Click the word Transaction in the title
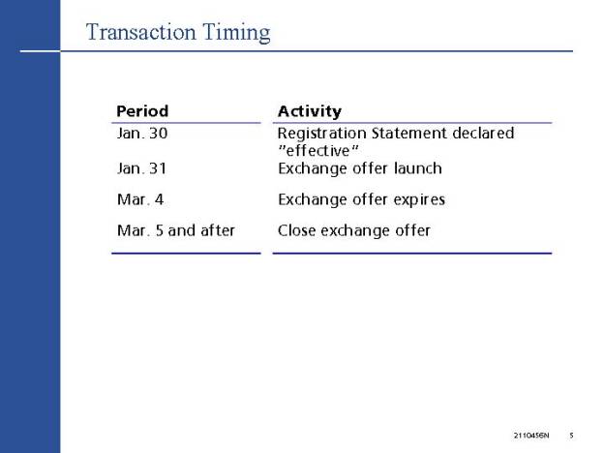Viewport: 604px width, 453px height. [141, 32]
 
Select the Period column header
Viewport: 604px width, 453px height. [142, 111]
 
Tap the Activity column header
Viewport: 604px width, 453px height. [310, 111]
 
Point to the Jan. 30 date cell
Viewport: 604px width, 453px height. [142, 134]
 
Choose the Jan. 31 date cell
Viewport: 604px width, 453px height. [141, 168]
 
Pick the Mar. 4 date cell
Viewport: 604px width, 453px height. [140, 199]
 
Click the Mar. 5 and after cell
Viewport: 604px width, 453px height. [175, 230]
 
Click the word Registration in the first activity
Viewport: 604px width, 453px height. [321, 134]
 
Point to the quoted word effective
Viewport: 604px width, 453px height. [318, 151]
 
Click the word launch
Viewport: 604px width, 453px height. [418, 168]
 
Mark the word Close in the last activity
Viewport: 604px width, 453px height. [296, 230]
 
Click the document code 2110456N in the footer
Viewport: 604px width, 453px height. [531, 436]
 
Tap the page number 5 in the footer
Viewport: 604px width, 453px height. [571, 436]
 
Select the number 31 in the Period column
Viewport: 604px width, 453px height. [158, 168]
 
